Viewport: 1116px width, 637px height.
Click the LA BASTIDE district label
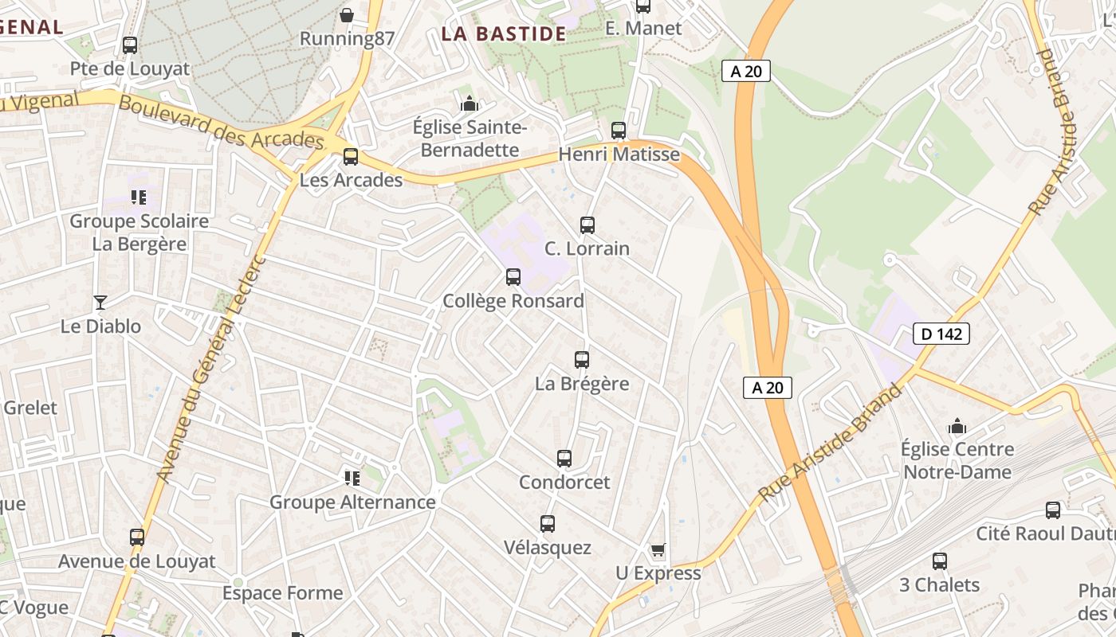click(x=503, y=34)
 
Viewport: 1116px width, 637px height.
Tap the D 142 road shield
click(x=941, y=334)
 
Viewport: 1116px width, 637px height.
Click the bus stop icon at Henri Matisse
click(x=619, y=130)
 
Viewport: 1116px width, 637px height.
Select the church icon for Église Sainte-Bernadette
click(x=470, y=104)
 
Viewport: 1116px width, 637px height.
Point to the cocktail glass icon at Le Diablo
click(x=100, y=302)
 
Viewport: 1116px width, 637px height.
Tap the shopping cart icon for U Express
click(x=658, y=549)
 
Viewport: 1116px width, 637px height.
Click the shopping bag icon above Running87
click(x=347, y=15)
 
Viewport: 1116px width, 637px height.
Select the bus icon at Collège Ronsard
click(x=513, y=277)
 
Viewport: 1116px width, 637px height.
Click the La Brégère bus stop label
click(x=582, y=384)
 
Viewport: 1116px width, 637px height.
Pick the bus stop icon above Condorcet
click(x=564, y=459)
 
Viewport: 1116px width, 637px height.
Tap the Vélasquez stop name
click(x=548, y=548)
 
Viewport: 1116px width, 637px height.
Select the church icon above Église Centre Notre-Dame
click(x=957, y=427)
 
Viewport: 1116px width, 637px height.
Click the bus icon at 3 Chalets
click(x=940, y=561)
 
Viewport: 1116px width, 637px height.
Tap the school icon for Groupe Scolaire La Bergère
click(x=139, y=197)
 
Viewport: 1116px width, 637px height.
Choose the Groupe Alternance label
click(x=352, y=502)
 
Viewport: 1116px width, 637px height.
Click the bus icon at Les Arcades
click(x=351, y=157)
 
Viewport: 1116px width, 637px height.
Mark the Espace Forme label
click(x=282, y=593)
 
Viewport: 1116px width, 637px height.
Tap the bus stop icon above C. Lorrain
click(x=587, y=225)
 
